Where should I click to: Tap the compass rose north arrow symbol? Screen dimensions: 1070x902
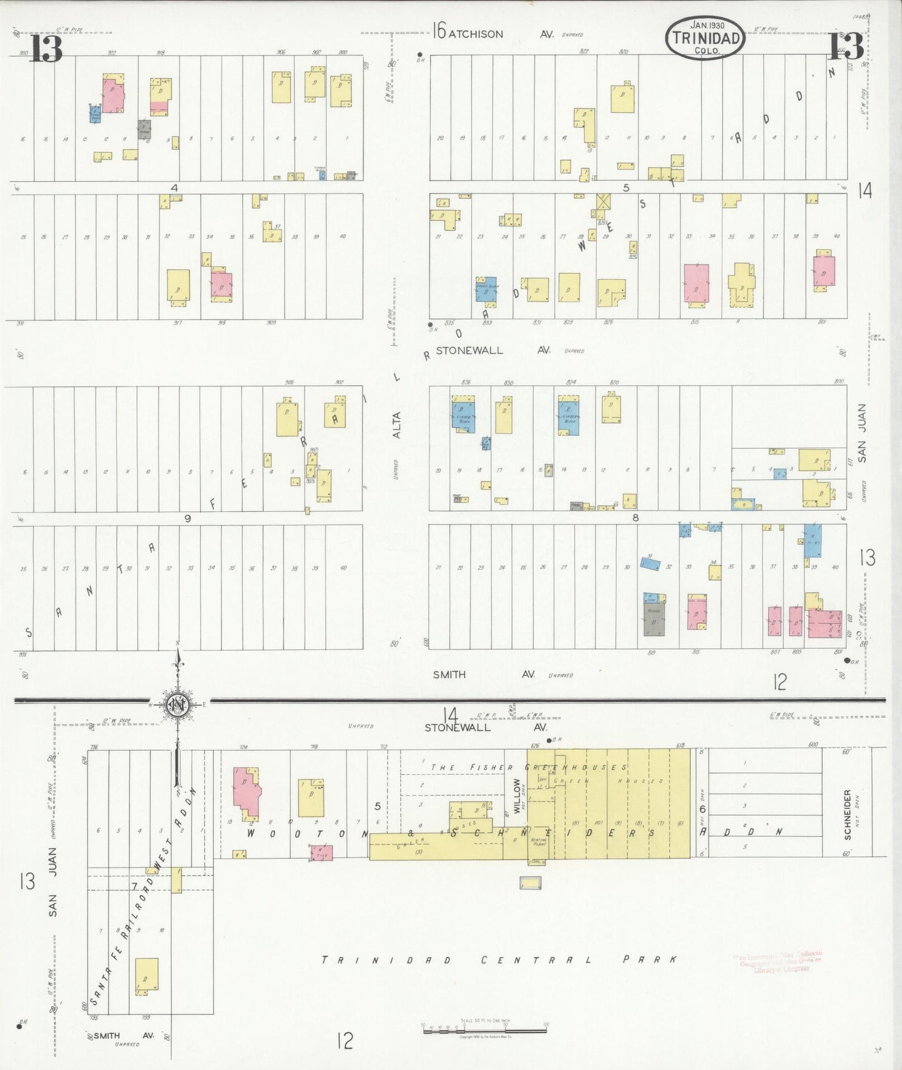point(178,705)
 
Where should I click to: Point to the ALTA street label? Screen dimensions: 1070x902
point(397,425)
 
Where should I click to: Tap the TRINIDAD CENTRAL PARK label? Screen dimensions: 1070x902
point(499,960)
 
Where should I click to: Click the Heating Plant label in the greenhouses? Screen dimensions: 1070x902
point(538,841)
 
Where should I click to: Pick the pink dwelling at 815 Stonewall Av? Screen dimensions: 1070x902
point(696,284)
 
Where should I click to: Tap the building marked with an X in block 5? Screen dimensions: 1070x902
point(603,202)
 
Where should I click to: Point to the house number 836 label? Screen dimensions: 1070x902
point(466,382)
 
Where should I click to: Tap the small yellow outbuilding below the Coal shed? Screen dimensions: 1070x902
point(531,883)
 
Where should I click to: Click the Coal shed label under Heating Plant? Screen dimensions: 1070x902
point(536,861)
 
